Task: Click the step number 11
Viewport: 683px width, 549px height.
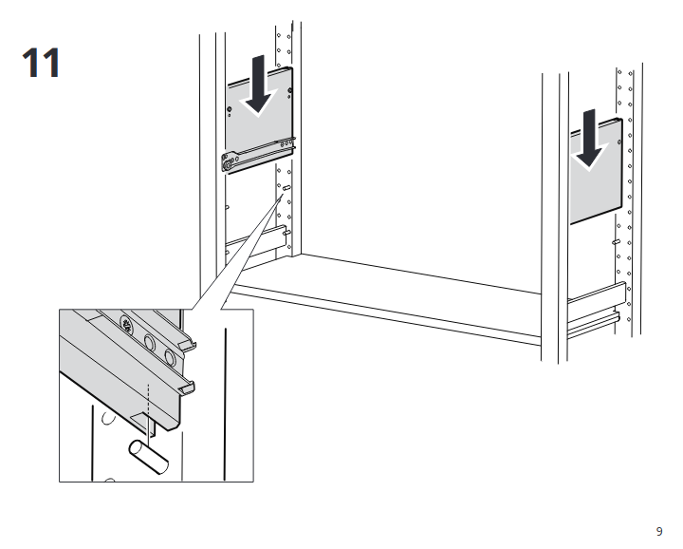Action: click(x=42, y=63)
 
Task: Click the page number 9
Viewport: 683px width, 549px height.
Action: click(x=659, y=531)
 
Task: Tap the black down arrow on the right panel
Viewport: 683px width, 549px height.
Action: click(x=589, y=140)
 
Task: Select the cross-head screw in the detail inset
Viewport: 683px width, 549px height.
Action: click(x=128, y=324)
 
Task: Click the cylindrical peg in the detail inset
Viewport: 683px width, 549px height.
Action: click(x=149, y=457)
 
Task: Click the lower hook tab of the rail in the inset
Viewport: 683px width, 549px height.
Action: click(x=187, y=388)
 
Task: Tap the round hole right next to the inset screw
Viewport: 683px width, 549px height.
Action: click(x=149, y=343)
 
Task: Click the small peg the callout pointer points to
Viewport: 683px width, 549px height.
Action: click(x=286, y=188)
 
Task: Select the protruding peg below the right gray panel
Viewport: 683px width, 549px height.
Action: click(x=617, y=241)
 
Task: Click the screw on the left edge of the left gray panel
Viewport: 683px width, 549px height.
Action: click(x=230, y=109)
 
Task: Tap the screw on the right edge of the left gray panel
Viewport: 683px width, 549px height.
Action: click(x=290, y=91)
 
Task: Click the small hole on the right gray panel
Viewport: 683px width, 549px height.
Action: click(x=618, y=142)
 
